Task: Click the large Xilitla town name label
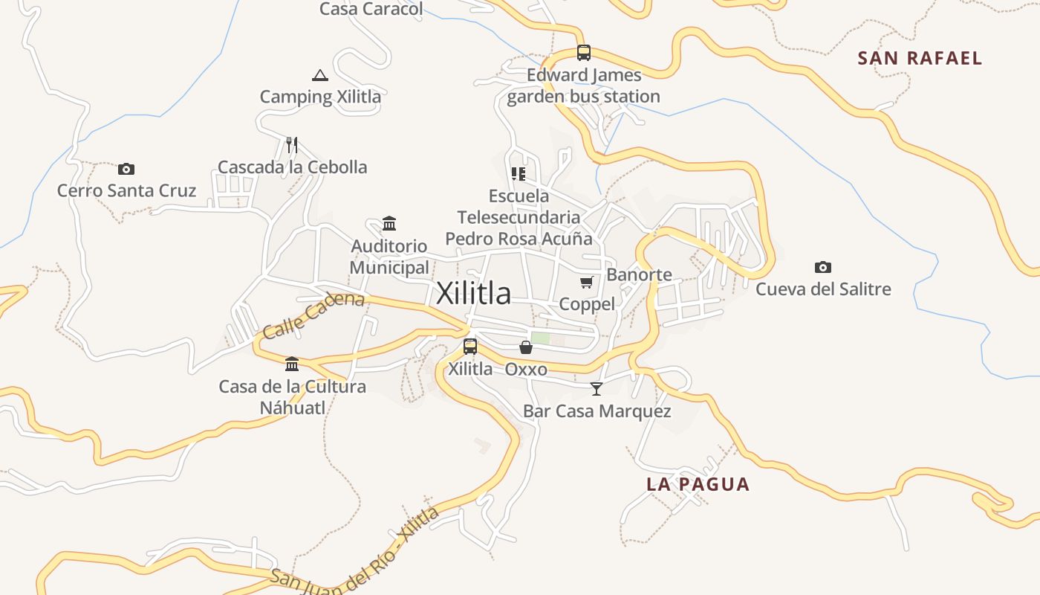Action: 473,293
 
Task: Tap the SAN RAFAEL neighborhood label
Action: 920,58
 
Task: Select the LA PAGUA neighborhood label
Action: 698,484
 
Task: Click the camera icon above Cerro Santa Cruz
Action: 126,169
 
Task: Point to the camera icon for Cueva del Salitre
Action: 822,267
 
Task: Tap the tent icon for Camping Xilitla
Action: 319,74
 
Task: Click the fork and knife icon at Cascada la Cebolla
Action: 292,144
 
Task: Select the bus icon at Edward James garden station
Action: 584,53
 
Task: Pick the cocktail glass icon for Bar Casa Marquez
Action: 596,388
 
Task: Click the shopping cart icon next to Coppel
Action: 587,282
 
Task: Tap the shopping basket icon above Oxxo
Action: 526,347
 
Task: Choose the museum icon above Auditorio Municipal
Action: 389,223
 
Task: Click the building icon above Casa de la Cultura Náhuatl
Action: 292,364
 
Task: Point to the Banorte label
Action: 639,274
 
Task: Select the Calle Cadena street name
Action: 313,315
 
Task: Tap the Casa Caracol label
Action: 371,9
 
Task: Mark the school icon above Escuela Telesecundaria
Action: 518,174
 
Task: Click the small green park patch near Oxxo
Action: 540,338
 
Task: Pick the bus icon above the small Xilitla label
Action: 470,346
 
